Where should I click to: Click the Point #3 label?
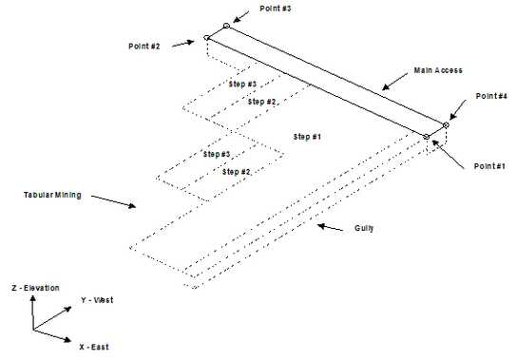(x=275, y=8)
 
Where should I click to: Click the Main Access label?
(x=437, y=70)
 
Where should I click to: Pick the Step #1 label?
(x=308, y=137)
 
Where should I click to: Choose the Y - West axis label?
(x=98, y=300)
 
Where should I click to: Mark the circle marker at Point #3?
(x=226, y=26)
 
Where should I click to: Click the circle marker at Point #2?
(x=206, y=39)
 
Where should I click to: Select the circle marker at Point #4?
(x=446, y=124)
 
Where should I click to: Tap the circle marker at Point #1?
(x=427, y=138)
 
